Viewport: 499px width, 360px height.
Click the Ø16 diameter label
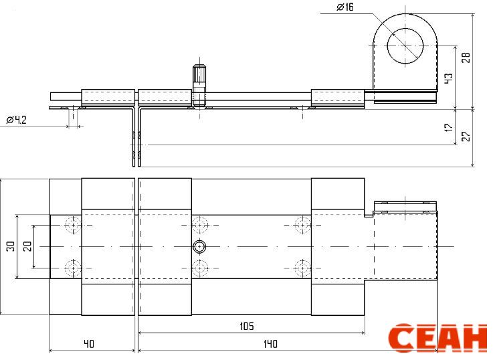pos(345,7)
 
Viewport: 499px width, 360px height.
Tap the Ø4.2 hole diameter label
pos(16,120)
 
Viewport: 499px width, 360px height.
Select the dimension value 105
pos(247,326)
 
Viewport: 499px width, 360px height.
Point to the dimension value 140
pos(270,344)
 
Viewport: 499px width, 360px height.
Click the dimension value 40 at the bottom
pos(89,344)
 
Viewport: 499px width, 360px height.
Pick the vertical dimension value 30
pos(11,246)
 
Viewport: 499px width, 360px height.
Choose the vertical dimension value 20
pos(27,246)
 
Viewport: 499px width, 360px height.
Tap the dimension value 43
pos(448,78)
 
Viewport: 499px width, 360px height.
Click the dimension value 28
pos(466,58)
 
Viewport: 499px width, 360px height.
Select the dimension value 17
pos(448,127)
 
